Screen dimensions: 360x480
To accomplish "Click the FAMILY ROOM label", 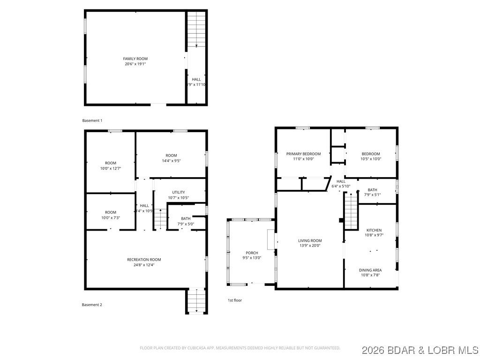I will pos(135,59).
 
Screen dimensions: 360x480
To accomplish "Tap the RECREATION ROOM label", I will pos(144,259).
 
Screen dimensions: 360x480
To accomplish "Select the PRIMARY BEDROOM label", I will pos(303,154).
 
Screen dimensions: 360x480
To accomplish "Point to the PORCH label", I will pos(251,253).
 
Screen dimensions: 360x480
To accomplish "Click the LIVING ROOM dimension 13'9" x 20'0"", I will pos(310,246).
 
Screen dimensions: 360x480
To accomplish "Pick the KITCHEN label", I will pos(374,230).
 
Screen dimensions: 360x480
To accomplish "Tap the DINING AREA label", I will pos(370,270).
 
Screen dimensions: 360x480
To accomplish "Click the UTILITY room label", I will pos(178,192).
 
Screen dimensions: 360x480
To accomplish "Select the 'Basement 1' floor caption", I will pos(92,120).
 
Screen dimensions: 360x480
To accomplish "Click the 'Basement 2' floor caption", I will pos(92,305).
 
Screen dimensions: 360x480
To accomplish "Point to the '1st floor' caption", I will pos(235,300).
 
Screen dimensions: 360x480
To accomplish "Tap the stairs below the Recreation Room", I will pos(196,301).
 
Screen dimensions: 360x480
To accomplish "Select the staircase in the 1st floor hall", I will pos(351,211).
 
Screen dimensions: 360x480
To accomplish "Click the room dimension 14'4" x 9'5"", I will pos(171,160).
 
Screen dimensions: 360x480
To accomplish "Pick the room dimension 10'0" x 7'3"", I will pos(110,217).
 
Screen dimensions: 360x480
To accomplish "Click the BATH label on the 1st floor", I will pos(372,190).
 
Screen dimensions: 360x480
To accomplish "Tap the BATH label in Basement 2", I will pos(186,218).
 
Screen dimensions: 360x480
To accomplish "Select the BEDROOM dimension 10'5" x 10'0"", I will pos(370,159).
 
